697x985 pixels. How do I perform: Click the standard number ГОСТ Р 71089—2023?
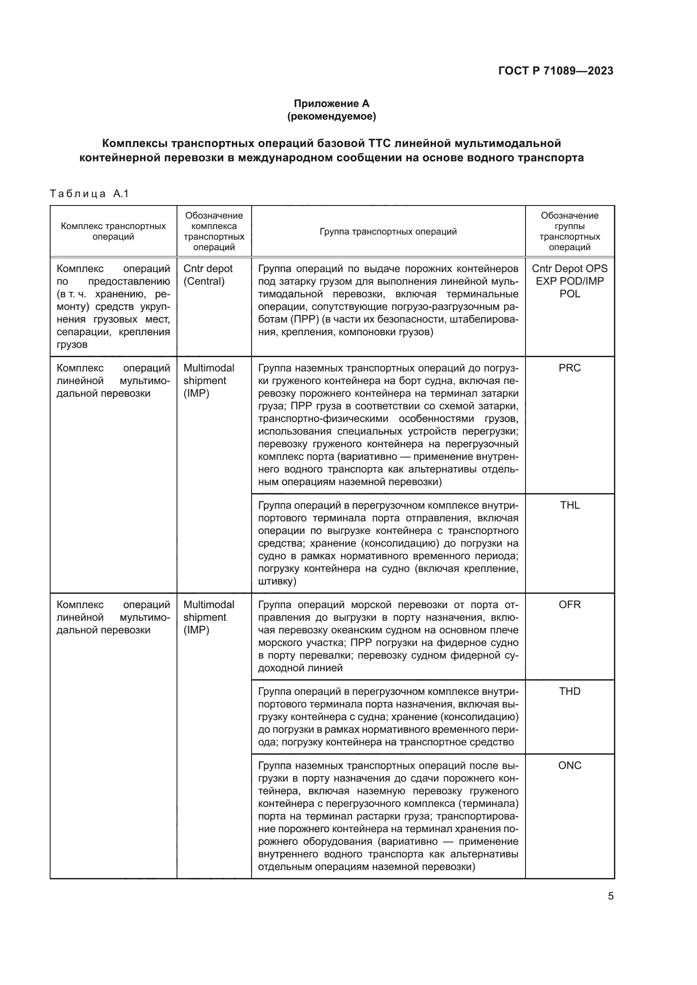click(556, 71)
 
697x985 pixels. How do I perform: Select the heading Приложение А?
click(331, 104)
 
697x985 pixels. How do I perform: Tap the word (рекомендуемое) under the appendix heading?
click(331, 116)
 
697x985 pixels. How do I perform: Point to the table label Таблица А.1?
click(89, 194)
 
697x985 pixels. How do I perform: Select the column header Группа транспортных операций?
click(388, 232)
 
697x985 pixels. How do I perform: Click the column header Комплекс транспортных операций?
click(113, 232)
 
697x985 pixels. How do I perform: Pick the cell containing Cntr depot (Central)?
click(208, 275)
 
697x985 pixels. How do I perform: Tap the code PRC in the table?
click(570, 368)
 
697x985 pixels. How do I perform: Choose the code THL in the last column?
click(570, 505)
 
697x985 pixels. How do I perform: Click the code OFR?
click(570, 605)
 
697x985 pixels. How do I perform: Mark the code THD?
click(570, 691)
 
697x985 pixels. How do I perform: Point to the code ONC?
click(570, 766)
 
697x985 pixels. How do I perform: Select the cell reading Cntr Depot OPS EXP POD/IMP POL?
click(570, 281)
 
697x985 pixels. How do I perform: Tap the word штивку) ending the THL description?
click(277, 582)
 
